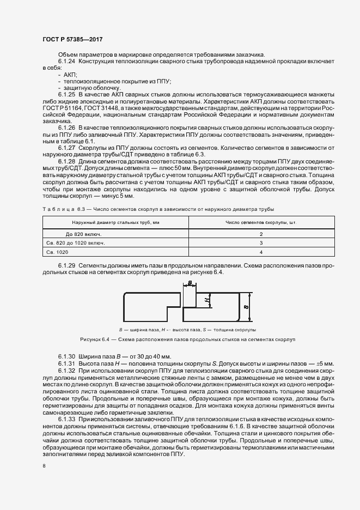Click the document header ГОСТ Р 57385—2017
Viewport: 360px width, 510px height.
[72, 39]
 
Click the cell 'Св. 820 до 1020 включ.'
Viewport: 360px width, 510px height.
[78, 242]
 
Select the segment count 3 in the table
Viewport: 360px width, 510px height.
[261, 242]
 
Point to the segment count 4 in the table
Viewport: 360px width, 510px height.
[261, 252]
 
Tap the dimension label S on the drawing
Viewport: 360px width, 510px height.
[247, 307]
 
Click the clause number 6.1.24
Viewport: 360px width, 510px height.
[66, 62]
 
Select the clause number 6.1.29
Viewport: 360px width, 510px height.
[66, 265]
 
